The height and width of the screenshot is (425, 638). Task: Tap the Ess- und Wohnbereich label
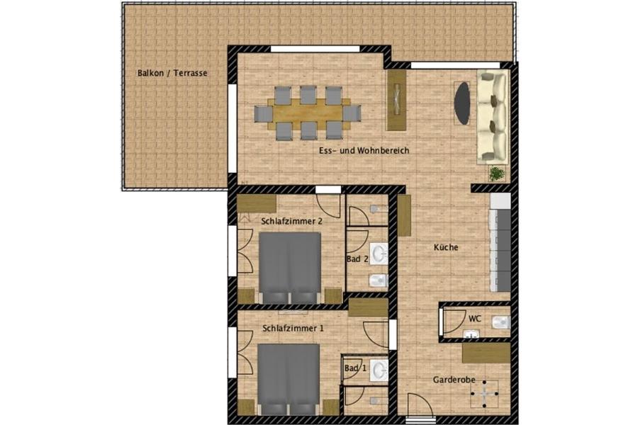tap(364, 151)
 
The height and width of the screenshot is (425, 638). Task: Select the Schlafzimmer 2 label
tap(291, 221)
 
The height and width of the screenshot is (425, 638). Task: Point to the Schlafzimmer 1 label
tap(293, 329)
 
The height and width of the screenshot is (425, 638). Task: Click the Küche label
tap(446, 248)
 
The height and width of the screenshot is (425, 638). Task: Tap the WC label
tap(475, 319)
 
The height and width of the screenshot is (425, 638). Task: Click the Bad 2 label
tap(357, 259)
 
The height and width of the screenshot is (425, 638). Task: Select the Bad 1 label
tap(355, 368)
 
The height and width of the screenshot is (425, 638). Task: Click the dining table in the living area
tap(308, 112)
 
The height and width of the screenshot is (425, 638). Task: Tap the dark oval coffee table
tap(463, 103)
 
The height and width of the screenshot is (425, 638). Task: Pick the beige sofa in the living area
tap(492, 117)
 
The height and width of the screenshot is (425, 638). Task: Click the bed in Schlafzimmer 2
tap(289, 268)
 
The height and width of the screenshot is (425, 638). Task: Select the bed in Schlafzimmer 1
tap(288, 378)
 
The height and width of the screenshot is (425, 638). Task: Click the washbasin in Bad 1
tap(379, 369)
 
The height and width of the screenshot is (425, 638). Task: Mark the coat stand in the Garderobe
tap(485, 392)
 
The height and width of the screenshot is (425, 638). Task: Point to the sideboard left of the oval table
tap(396, 99)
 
